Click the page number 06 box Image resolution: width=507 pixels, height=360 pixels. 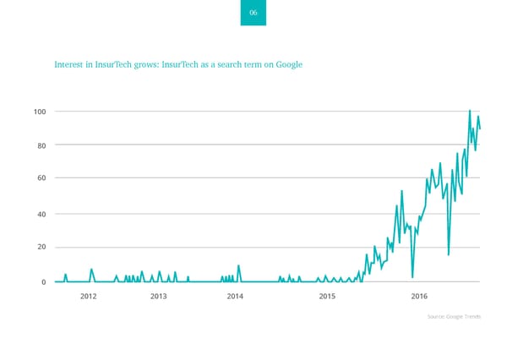click(253, 13)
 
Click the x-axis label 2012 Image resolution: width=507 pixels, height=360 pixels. click(89, 296)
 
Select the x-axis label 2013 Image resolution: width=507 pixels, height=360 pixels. click(158, 296)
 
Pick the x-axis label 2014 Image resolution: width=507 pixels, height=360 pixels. click(235, 296)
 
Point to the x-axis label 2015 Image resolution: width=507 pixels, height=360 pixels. click(328, 296)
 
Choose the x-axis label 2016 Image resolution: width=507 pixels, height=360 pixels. click(419, 296)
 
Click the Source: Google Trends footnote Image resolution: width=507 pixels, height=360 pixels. click(454, 316)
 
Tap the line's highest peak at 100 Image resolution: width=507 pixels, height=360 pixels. click(470, 111)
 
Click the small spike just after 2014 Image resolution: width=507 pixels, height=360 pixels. click(239, 266)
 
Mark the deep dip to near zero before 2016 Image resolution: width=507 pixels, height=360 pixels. click(412, 276)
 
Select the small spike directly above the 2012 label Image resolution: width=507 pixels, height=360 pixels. click(91, 270)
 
